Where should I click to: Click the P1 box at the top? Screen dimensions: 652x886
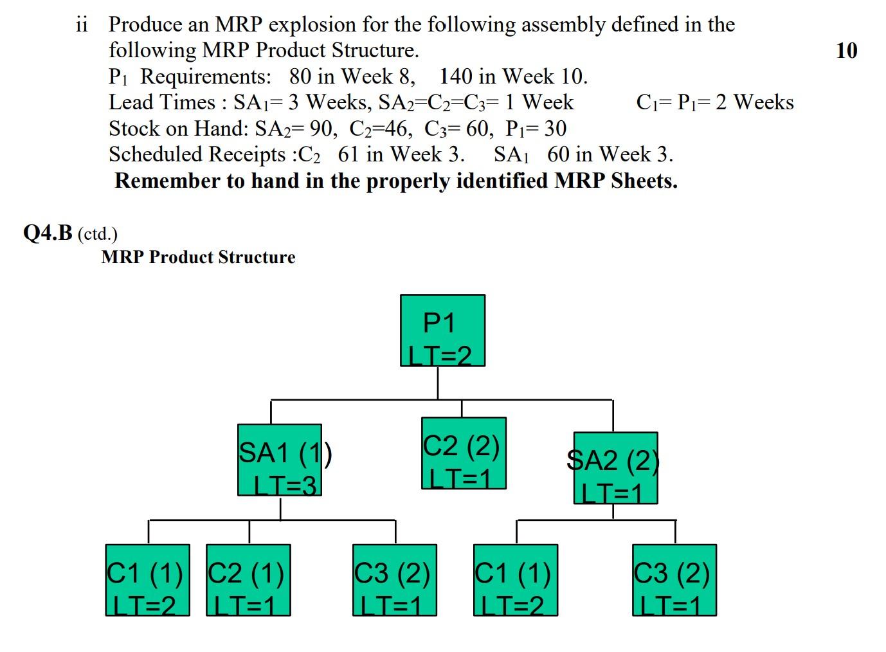(442, 331)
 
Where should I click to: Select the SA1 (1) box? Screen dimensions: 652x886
(279, 460)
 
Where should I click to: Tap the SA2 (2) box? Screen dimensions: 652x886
(615, 468)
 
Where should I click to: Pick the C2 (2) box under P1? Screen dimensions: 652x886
(463, 453)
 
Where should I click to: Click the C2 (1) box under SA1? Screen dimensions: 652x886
(248, 580)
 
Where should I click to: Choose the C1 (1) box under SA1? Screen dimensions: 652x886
(147, 580)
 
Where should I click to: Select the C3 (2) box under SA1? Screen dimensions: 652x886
(394, 580)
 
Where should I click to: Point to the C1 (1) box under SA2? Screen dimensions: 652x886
(515, 580)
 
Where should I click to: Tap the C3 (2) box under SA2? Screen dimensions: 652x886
(674, 580)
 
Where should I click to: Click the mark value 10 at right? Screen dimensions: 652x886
(846, 50)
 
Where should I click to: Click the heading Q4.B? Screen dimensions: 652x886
(48, 233)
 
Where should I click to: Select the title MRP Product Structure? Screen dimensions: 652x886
(198, 257)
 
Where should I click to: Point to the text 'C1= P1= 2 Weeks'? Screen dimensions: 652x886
(714, 102)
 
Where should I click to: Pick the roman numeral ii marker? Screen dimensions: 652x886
(82, 24)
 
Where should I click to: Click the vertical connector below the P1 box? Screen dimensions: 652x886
(438, 383)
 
